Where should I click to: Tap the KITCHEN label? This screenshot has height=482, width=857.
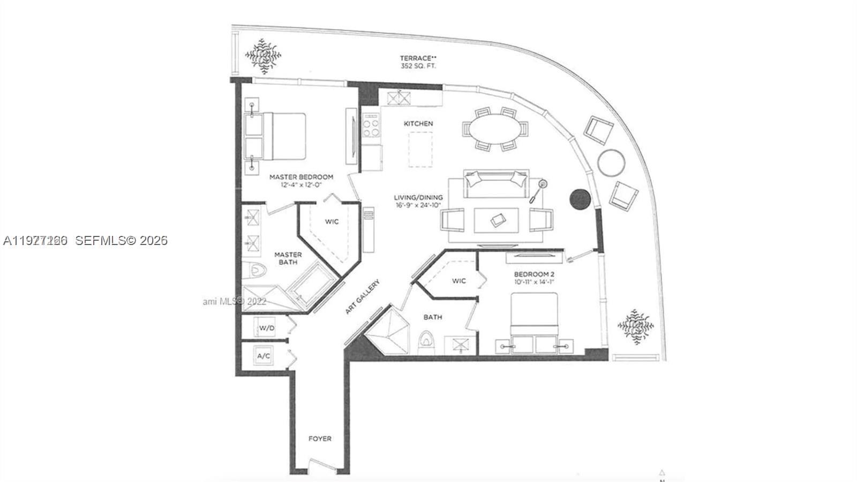pyautogui.click(x=418, y=123)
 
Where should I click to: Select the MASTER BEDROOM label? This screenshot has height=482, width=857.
pyautogui.click(x=301, y=176)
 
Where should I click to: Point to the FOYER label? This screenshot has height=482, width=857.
pyautogui.click(x=320, y=439)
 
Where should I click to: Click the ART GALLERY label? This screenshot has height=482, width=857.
pyautogui.click(x=363, y=296)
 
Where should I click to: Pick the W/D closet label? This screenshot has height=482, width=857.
pyautogui.click(x=266, y=328)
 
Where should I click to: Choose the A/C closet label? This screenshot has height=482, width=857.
pyautogui.click(x=264, y=356)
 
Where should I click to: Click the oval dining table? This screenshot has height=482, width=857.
pyautogui.click(x=495, y=129)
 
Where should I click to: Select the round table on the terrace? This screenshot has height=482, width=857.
pyautogui.click(x=611, y=162)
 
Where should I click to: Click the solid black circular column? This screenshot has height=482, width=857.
pyautogui.click(x=580, y=199)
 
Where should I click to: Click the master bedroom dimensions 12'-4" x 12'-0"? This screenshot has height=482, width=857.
pyautogui.click(x=301, y=186)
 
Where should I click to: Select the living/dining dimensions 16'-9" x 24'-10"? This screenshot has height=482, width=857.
pyautogui.click(x=418, y=206)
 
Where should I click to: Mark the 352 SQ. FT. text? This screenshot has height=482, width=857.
pyautogui.click(x=418, y=66)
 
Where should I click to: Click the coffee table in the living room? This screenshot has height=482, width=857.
pyautogui.click(x=497, y=220)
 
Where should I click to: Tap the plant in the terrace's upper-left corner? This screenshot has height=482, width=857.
pyautogui.click(x=263, y=55)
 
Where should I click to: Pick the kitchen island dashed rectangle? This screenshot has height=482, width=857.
pyautogui.click(x=420, y=150)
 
